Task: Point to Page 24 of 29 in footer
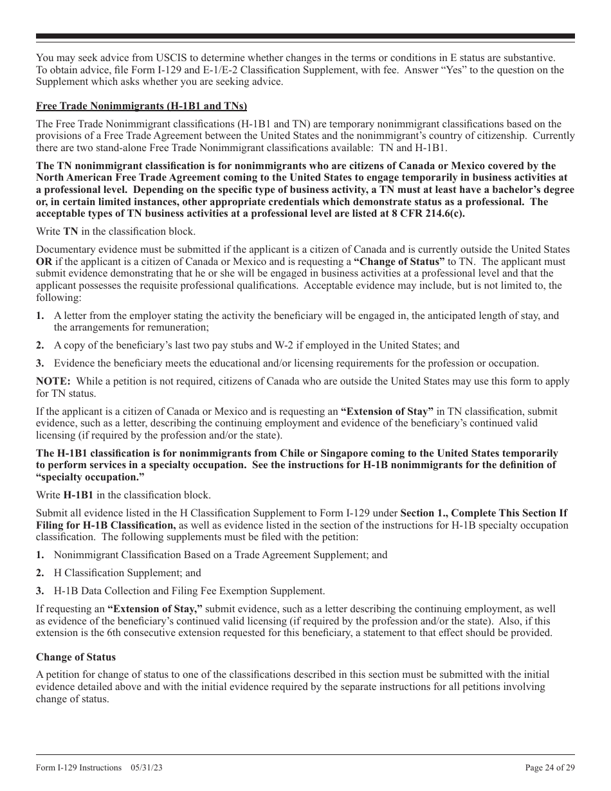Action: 550,767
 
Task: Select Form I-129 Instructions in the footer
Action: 78,767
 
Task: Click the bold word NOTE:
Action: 53,381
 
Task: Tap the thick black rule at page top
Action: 305,37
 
